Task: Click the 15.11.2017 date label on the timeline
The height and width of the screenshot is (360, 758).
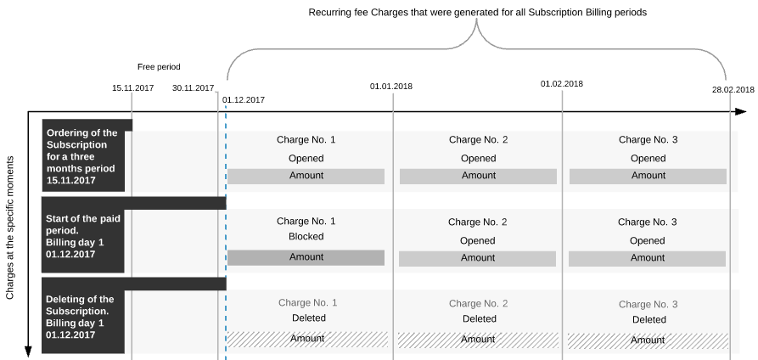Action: point(133,88)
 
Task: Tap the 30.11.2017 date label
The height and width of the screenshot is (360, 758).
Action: point(193,88)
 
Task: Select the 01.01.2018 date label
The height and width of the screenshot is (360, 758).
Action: point(391,87)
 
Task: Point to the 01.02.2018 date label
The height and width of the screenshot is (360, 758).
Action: point(562,84)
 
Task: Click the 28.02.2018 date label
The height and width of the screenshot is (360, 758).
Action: point(733,89)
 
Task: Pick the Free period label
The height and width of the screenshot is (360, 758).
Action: point(159,67)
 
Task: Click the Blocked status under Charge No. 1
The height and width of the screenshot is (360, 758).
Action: point(306,237)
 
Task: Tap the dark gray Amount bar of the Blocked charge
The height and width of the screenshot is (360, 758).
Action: point(306,257)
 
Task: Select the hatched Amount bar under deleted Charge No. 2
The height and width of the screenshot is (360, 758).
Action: point(477,340)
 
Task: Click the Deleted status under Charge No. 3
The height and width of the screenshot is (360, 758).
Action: point(649,320)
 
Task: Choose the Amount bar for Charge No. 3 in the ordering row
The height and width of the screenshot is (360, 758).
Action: point(648,176)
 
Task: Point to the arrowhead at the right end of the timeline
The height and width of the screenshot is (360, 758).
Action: point(741,112)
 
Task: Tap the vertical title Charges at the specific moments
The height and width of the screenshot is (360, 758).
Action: point(10,228)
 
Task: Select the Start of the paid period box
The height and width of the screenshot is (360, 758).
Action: point(83,235)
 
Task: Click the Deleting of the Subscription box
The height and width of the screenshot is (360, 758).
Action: point(83,316)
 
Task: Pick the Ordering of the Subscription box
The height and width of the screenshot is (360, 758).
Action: point(83,156)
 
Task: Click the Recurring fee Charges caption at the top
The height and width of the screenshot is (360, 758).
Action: point(478,13)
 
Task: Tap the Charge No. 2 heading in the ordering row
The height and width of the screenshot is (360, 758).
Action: point(478,140)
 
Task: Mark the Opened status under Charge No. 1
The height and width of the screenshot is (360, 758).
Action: point(306,158)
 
